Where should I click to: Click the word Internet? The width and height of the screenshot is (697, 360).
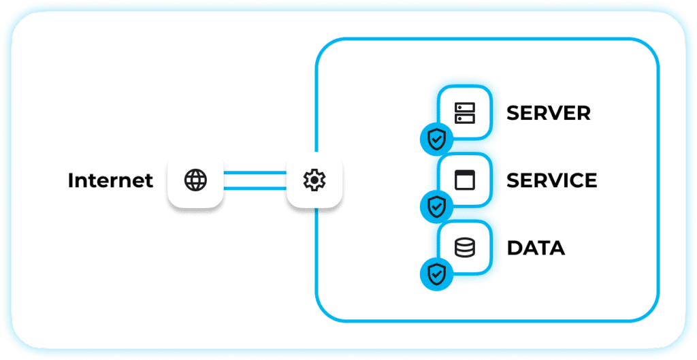(110, 180)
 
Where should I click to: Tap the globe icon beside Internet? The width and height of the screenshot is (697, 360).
(195, 180)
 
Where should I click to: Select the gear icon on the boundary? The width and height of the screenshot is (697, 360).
(314, 180)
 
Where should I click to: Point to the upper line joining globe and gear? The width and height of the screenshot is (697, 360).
(255, 172)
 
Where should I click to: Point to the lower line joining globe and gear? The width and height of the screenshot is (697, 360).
(255, 188)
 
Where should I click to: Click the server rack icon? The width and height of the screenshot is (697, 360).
(465, 113)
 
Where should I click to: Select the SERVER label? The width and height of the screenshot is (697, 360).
(549, 113)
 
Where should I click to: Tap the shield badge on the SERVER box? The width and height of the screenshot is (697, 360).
(436, 140)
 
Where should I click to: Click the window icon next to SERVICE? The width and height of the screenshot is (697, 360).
(465, 180)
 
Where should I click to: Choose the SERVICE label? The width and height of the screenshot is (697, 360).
(551, 180)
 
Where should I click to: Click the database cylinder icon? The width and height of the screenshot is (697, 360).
(465, 248)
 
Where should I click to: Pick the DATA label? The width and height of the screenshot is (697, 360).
(536, 248)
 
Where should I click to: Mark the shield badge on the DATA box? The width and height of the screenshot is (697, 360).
(436, 274)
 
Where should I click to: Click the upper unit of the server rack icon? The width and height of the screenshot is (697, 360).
(465, 108)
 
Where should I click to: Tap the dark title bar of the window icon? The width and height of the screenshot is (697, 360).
(465, 174)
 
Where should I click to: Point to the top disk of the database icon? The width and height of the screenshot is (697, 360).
(465, 242)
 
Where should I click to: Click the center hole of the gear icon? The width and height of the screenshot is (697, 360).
(314, 180)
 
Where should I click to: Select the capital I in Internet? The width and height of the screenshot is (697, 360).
(70, 180)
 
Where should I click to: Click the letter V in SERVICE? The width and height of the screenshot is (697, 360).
(559, 180)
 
